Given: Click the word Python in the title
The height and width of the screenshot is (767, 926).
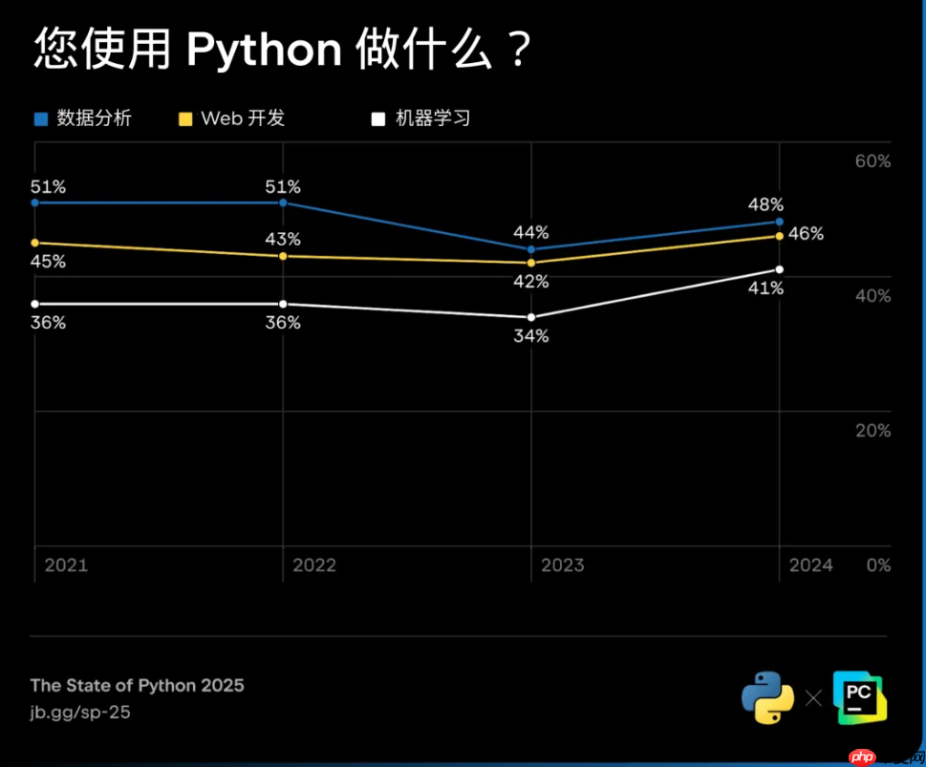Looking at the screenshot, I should (x=263, y=50).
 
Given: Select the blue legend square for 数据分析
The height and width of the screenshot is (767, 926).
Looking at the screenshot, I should (x=40, y=119).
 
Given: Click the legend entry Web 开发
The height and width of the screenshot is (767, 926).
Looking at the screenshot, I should (x=243, y=118).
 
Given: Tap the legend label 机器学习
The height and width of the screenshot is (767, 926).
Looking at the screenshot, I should (x=433, y=118).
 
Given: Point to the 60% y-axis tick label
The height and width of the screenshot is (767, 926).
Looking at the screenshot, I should (x=872, y=161).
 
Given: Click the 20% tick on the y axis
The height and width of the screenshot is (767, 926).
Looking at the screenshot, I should (x=872, y=431).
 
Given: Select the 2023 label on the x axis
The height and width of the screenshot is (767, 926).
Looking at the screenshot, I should (x=562, y=565).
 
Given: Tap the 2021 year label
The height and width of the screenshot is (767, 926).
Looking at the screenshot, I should (x=66, y=565).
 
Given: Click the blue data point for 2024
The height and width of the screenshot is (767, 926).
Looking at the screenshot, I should (x=780, y=222).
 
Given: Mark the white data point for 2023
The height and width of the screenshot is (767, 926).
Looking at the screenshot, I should (x=531, y=317).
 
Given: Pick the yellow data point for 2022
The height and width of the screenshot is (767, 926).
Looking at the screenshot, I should (x=283, y=256).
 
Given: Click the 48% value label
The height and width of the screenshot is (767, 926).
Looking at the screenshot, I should (x=765, y=204).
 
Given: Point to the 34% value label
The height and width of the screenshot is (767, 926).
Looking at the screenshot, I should (x=530, y=336).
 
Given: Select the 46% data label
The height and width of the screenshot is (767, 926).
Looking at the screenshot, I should (x=806, y=234).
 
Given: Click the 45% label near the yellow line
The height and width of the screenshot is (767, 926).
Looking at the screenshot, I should (x=48, y=262).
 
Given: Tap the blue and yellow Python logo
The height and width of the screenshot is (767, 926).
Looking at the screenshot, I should (x=767, y=697).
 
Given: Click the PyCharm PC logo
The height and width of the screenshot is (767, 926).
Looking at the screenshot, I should (x=859, y=697).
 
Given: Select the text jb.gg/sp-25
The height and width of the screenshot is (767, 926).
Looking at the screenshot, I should (x=80, y=713).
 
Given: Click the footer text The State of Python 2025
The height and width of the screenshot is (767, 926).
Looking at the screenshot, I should (x=137, y=686).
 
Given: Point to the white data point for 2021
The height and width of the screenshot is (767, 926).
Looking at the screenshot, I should (x=35, y=304).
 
